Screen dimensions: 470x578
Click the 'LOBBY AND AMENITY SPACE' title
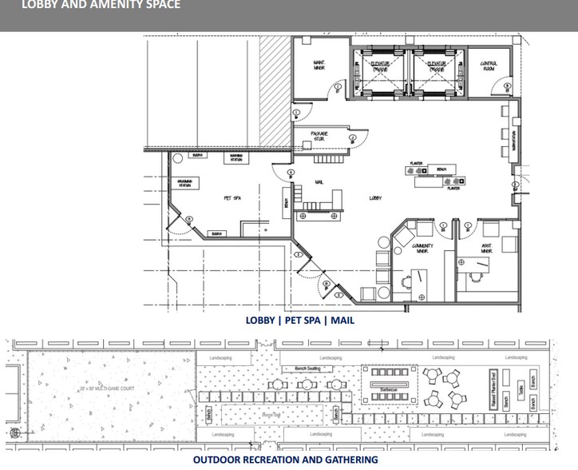click(90, 6)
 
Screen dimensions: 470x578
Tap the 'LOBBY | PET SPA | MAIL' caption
click(300, 321)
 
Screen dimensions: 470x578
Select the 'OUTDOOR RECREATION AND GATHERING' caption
click(285, 460)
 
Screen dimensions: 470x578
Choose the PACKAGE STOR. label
click(319, 136)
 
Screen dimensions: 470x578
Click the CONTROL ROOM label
click(489, 65)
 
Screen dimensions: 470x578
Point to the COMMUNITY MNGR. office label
click(422, 249)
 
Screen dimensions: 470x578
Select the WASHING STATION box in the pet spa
click(236, 157)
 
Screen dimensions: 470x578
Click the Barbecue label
click(388, 389)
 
